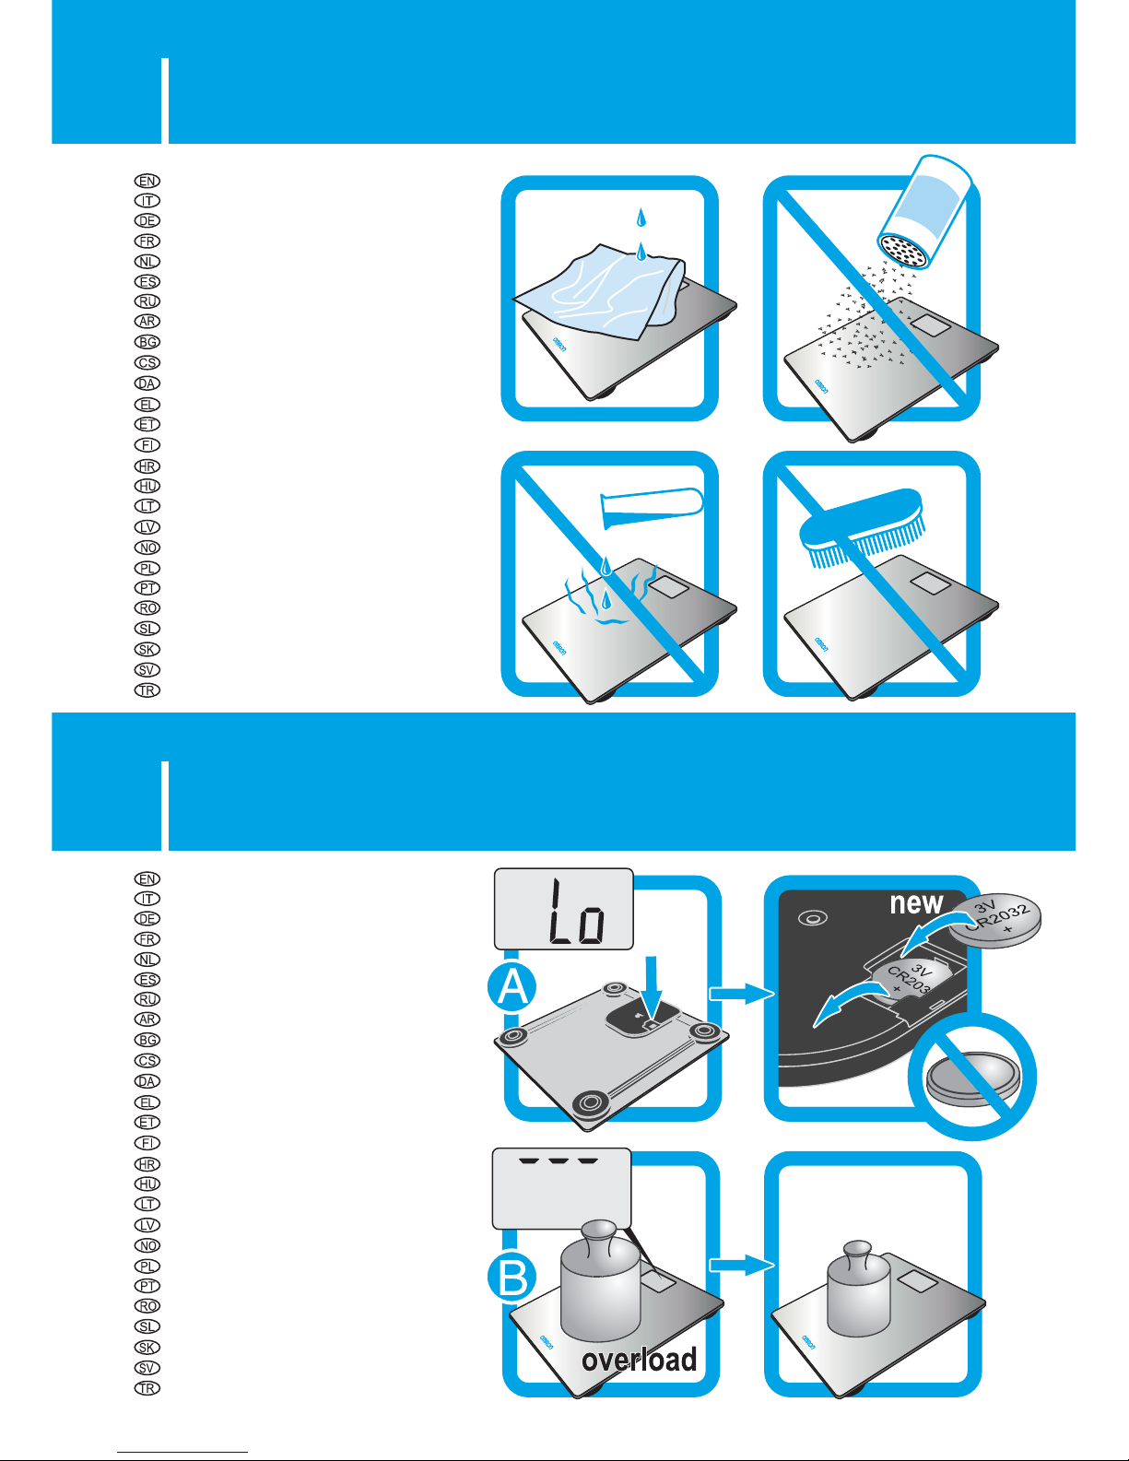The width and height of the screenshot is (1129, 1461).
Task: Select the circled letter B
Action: pos(512,1278)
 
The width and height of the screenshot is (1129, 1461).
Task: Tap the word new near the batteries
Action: pos(916,903)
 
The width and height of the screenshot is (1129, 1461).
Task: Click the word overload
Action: pos(639,1360)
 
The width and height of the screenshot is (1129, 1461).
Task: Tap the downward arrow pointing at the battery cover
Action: pos(652,986)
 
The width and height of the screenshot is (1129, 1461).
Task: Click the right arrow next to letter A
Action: pos(740,993)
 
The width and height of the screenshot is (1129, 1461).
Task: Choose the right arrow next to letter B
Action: pos(740,1266)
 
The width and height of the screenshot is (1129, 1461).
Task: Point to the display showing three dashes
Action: pos(561,1186)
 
